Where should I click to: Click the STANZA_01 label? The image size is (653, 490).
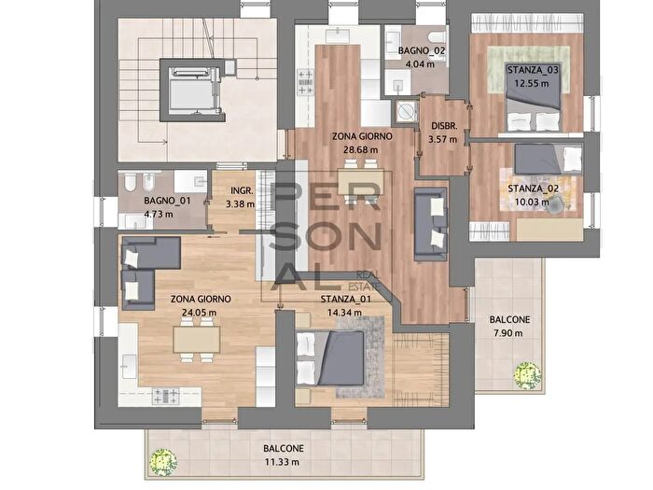[345, 300]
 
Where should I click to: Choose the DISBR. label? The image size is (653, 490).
[443, 127]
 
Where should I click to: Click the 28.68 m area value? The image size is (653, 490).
[360, 148]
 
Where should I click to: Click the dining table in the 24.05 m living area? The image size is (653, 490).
[197, 339]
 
